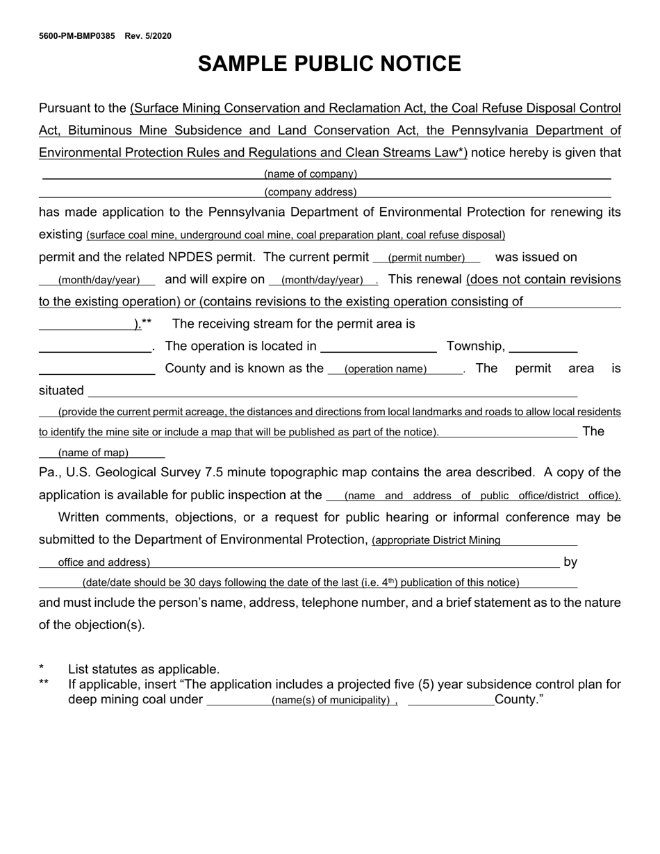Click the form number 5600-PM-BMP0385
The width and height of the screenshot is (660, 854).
point(77,36)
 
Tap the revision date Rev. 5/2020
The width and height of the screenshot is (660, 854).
point(148,36)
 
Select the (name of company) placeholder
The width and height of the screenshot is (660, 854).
point(311,174)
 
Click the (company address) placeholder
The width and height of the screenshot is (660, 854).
point(311,192)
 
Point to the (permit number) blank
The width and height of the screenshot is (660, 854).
point(426,258)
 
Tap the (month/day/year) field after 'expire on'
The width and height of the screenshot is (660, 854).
point(322,281)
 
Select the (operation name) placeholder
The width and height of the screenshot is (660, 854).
point(386,369)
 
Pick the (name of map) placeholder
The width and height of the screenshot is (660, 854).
point(93,453)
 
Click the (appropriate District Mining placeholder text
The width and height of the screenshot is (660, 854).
point(436,540)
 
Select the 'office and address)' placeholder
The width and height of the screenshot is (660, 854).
point(104,562)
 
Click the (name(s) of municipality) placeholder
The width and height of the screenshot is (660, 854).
point(331,701)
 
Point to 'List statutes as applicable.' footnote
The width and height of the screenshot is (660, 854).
point(144,669)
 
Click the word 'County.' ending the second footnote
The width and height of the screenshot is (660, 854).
point(518,700)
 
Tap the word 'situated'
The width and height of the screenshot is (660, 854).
point(61,391)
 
